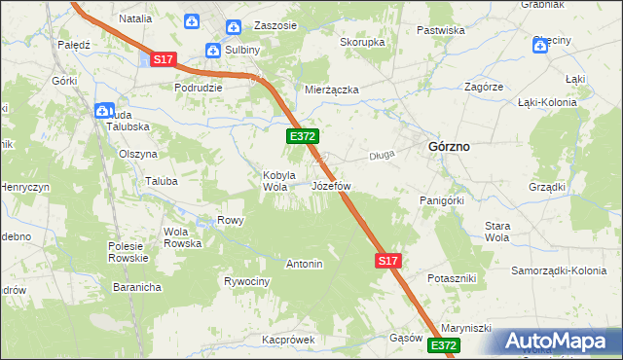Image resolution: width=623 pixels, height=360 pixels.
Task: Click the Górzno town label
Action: point(449,146)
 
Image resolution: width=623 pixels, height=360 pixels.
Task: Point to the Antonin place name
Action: point(304,264)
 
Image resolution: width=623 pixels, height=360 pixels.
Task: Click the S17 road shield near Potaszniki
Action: point(387,261)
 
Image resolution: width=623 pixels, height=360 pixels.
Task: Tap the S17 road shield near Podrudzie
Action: point(163,59)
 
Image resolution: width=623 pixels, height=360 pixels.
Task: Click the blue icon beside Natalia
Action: point(193,20)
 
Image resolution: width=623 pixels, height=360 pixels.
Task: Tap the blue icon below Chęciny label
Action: point(540,45)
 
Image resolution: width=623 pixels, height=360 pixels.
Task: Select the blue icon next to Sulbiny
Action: point(213,50)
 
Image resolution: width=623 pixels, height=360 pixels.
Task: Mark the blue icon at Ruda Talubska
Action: point(103,111)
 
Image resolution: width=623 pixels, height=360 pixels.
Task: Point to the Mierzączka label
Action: point(332,90)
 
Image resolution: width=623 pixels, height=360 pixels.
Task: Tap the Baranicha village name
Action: point(135,287)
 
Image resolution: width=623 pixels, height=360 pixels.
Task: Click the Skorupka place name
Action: point(362,43)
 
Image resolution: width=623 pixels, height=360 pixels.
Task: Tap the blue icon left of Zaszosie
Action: point(233,27)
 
